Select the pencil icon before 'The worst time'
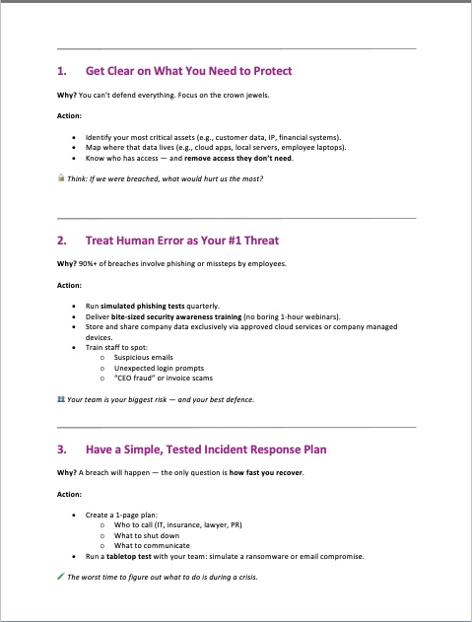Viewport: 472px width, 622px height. (x=61, y=577)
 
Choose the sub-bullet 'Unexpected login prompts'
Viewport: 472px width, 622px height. (x=157, y=368)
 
